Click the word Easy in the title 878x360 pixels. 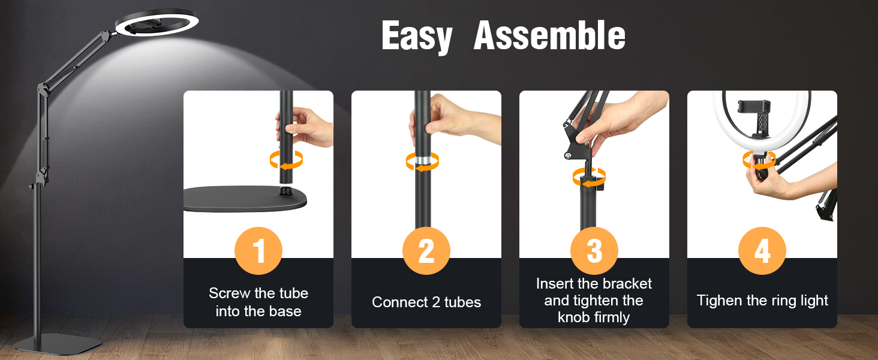click(x=417, y=36)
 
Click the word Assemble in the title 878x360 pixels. click(x=549, y=35)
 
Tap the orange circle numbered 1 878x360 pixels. click(x=258, y=251)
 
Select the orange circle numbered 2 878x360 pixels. click(x=426, y=251)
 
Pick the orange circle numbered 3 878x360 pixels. click(x=594, y=251)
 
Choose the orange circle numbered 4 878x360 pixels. click(x=762, y=251)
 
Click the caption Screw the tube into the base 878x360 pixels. click(x=258, y=302)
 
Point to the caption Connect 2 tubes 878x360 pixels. click(x=426, y=302)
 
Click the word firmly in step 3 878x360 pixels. click(x=612, y=317)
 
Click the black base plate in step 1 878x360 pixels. click(x=245, y=199)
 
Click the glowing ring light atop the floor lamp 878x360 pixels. click(x=157, y=23)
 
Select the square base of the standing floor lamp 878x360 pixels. click(x=57, y=343)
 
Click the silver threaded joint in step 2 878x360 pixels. click(x=423, y=160)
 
